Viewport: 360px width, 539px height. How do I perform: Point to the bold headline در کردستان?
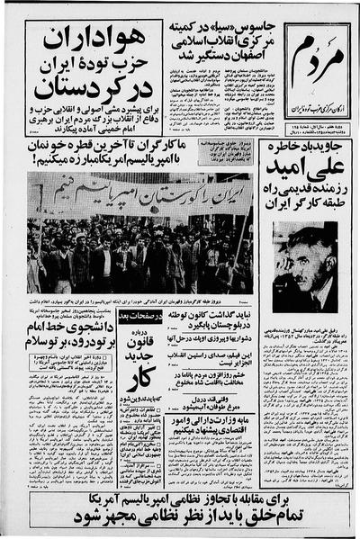[94, 90]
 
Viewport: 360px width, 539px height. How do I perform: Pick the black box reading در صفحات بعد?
[139, 316]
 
